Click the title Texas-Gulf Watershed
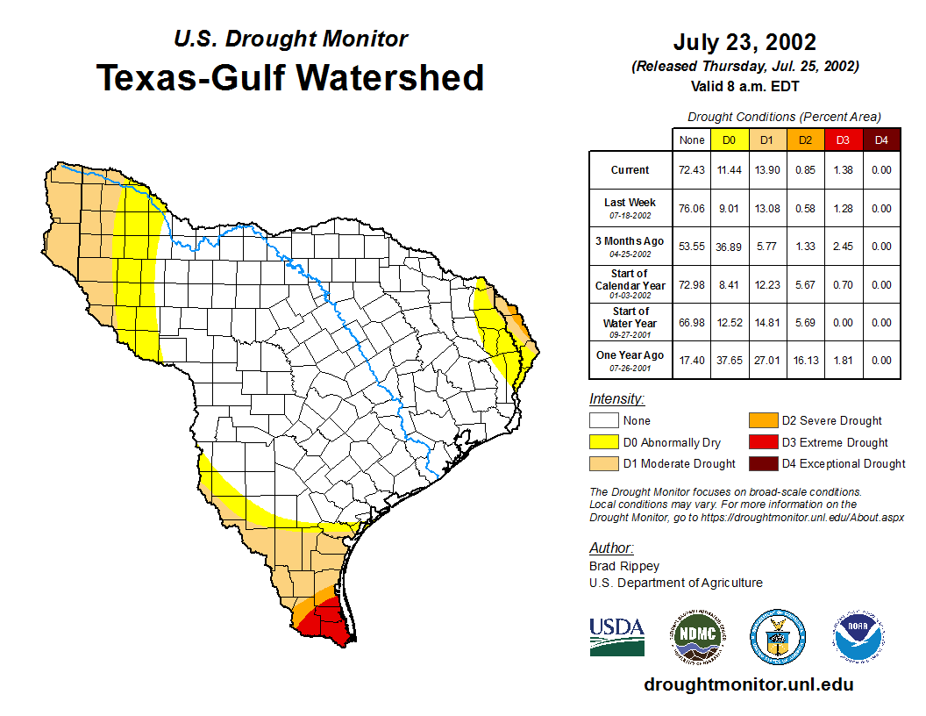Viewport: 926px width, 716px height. (289, 78)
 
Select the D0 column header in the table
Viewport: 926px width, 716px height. (729, 140)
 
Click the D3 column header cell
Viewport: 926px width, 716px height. (843, 140)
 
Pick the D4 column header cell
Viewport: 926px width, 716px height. (881, 140)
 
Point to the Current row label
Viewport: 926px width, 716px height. (630, 170)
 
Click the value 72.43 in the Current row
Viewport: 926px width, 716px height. (692, 170)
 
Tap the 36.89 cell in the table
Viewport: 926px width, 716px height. (729, 247)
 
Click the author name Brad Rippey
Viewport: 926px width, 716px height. (624, 566)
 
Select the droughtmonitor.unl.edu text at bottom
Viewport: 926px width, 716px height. (748, 684)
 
